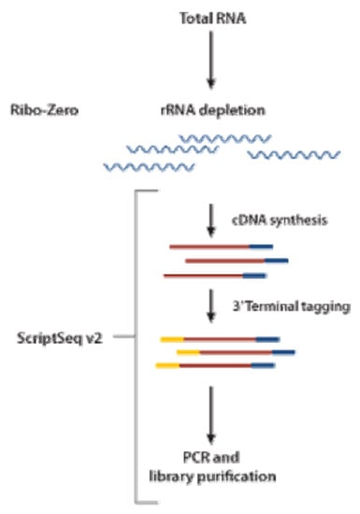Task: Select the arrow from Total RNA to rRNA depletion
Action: point(213,65)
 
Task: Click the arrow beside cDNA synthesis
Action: point(213,216)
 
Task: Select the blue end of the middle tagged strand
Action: point(284,352)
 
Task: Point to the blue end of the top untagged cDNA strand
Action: point(261,246)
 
